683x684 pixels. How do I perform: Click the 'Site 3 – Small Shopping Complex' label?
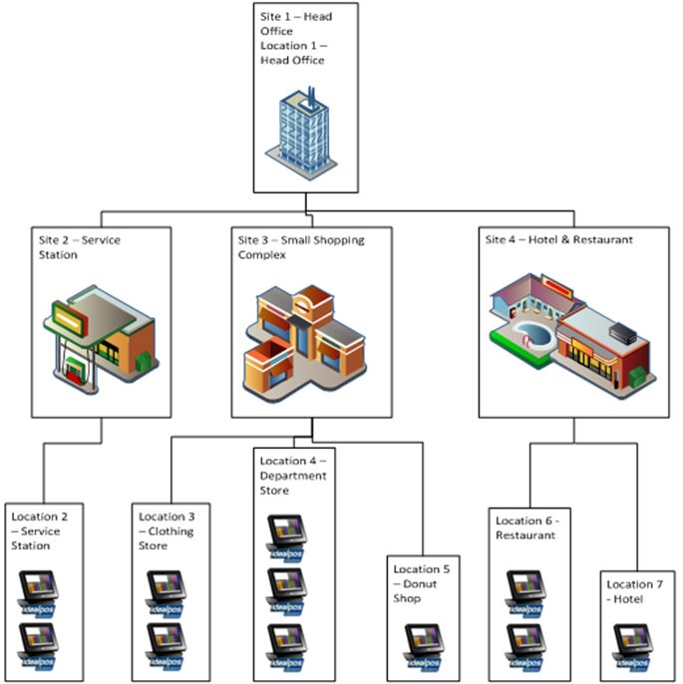[x=300, y=247]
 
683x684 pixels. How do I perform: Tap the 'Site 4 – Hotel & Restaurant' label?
[x=558, y=240]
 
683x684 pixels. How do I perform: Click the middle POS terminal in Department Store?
[x=286, y=587]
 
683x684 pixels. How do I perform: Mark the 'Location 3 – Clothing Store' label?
[x=167, y=530]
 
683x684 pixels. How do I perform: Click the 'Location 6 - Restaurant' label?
[x=527, y=527]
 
